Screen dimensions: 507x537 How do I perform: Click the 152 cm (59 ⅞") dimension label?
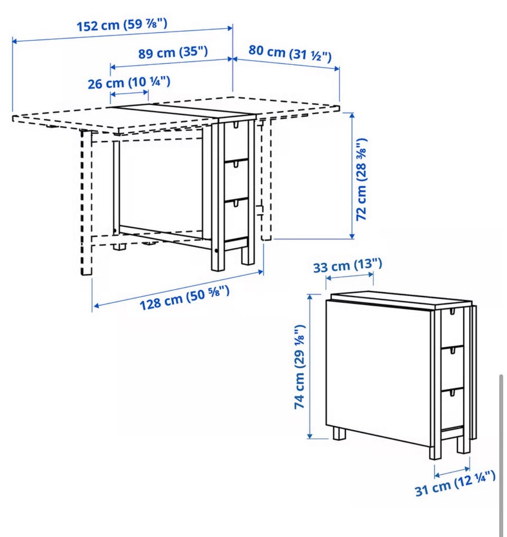(122, 25)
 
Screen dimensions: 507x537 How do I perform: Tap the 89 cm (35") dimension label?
(173, 53)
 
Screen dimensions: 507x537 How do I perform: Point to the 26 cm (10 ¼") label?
(129, 83)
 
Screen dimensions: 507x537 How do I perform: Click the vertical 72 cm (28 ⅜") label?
(361, 180)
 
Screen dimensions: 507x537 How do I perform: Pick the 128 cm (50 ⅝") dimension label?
(185, 298)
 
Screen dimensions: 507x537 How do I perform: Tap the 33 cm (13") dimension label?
(348, 266)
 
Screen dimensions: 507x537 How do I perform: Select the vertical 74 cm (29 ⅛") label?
(299, 367)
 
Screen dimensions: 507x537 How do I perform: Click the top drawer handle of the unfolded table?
(236, 125)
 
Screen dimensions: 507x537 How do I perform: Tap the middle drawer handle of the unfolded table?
(236, 164)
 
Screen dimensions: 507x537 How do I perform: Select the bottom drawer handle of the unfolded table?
(236, 203)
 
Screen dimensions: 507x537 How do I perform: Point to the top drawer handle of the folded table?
(452, 312)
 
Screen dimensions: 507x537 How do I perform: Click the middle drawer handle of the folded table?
(452, 351)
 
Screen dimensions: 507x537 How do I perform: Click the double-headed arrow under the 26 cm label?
(129, 93)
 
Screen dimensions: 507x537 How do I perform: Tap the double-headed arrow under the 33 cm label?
(349, 276)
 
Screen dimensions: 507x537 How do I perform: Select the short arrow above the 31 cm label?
(452, 471)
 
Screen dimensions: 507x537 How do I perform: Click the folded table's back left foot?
(340, 433)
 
